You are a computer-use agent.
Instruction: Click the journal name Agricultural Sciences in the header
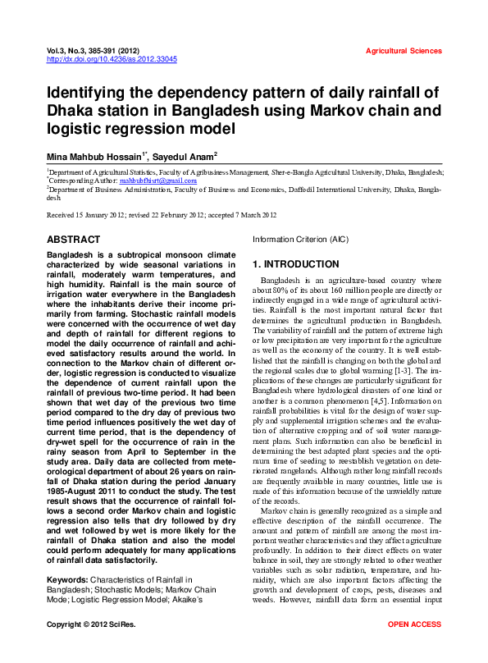404,51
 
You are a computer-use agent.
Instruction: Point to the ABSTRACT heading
74,240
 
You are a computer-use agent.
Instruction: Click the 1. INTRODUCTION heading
295,264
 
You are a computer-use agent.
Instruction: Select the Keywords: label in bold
71,580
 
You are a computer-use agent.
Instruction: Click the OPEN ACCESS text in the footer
414,648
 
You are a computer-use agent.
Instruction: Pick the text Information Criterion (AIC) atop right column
300,240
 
